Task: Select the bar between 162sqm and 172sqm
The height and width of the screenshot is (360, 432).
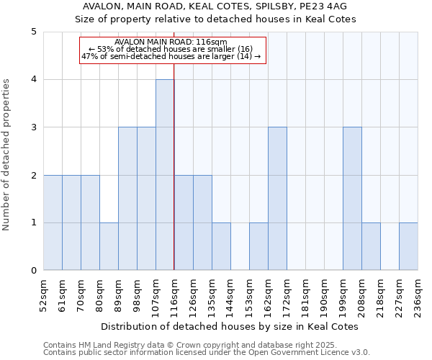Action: tap(277, 199)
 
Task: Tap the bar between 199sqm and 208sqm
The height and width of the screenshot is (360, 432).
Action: tap(352, 199)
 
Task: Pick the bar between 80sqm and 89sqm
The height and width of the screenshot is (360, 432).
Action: tap(109, 246)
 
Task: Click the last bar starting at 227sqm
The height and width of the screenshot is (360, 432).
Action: tap(408, 246)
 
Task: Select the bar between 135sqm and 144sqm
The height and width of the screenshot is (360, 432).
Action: tap(221, 246)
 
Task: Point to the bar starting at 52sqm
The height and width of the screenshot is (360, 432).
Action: tap(53, 222)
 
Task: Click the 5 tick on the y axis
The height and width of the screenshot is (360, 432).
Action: tap(33, 32)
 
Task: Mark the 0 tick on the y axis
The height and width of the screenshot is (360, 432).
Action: tap(33, 271)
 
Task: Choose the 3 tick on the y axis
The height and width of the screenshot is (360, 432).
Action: tap(33, 127)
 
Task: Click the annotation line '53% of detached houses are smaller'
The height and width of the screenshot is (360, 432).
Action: tap(171, 49)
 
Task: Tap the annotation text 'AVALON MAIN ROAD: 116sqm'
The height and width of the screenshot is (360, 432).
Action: tap(171, 42)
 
